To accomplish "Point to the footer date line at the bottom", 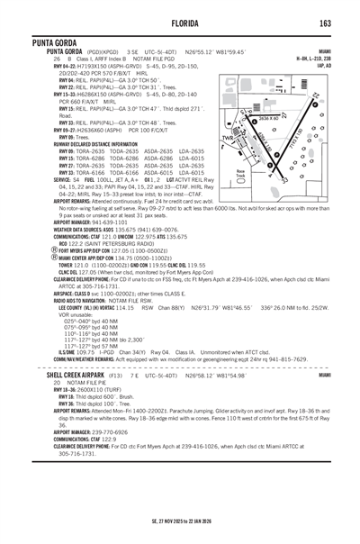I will point(180,520).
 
